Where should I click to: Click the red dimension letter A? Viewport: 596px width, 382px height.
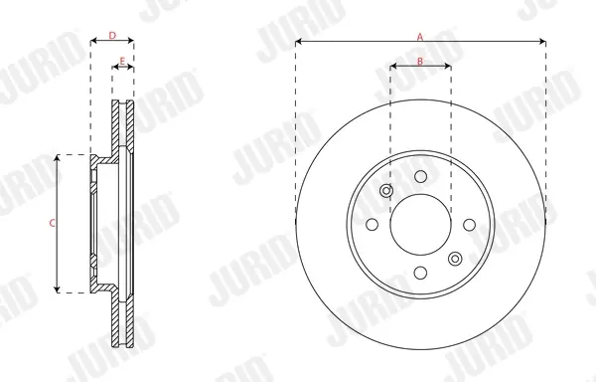420,37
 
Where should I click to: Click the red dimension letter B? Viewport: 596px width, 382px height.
420,61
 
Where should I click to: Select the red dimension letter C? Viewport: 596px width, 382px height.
52,224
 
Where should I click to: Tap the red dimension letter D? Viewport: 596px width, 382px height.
112,36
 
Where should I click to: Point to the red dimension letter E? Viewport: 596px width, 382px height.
122,61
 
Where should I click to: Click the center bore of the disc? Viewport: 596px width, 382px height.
421,225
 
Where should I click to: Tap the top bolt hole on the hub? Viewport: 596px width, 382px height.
421,176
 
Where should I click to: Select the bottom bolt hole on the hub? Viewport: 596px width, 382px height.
420,273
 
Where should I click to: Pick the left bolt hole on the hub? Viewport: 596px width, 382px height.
372,225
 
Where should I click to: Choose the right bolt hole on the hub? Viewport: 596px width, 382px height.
470,225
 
